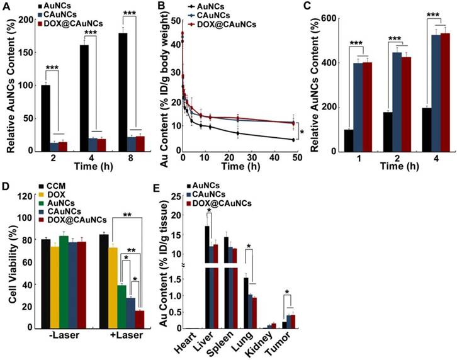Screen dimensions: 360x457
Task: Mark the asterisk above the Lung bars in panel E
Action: click(x=249, y=246)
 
